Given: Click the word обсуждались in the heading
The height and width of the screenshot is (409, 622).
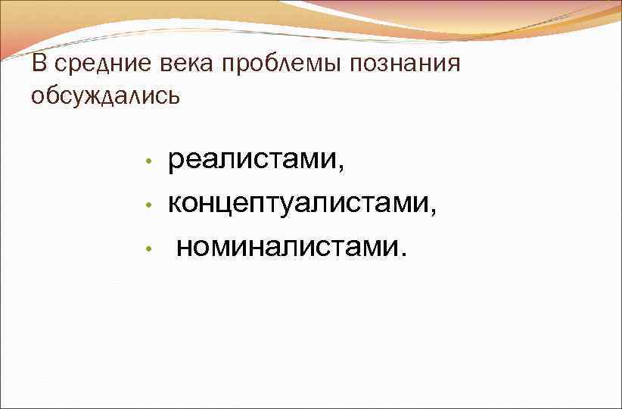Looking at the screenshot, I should click(106, 96).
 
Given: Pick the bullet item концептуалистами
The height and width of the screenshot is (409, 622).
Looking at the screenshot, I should click(300, 203).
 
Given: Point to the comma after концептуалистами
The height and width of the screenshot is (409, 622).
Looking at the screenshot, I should click(434, 212).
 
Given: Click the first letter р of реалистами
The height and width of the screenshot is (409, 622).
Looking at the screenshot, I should click(175, 163).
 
